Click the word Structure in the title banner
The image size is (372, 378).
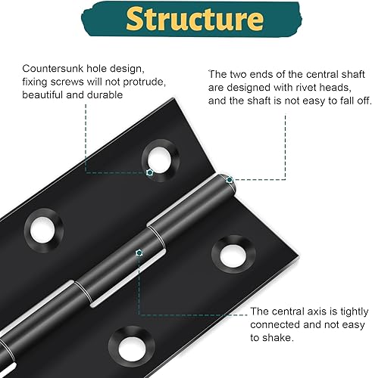[195, 19]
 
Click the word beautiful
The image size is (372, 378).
[42, 95]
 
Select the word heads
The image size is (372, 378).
[335, 88]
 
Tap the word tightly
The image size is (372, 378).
[355, 312]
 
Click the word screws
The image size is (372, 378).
[67, 82]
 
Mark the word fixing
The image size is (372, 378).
[35, 82]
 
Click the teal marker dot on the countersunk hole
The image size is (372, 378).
[150, 172]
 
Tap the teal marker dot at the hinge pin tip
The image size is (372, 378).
[230, 180]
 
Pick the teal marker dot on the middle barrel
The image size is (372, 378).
[139, 253]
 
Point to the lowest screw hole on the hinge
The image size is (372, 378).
[132, 347]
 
